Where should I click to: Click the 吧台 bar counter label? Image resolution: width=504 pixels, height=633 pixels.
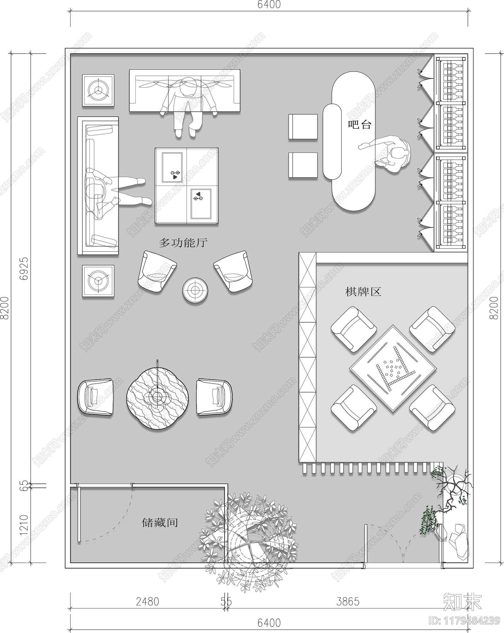(359, 124)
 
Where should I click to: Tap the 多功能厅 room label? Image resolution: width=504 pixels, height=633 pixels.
(183, 243)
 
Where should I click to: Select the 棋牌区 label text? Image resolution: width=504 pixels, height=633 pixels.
(363, 291)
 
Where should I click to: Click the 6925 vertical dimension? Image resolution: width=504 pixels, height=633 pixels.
(24, 268)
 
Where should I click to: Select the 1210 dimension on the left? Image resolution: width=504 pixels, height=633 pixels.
(24, 525)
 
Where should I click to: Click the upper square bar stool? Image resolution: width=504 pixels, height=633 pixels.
(303, 127)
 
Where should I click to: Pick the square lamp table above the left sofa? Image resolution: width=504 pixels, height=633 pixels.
(98, 90)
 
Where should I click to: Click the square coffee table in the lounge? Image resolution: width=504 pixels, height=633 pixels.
(186, 186)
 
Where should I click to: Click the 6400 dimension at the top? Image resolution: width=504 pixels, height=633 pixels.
(269, 5)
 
